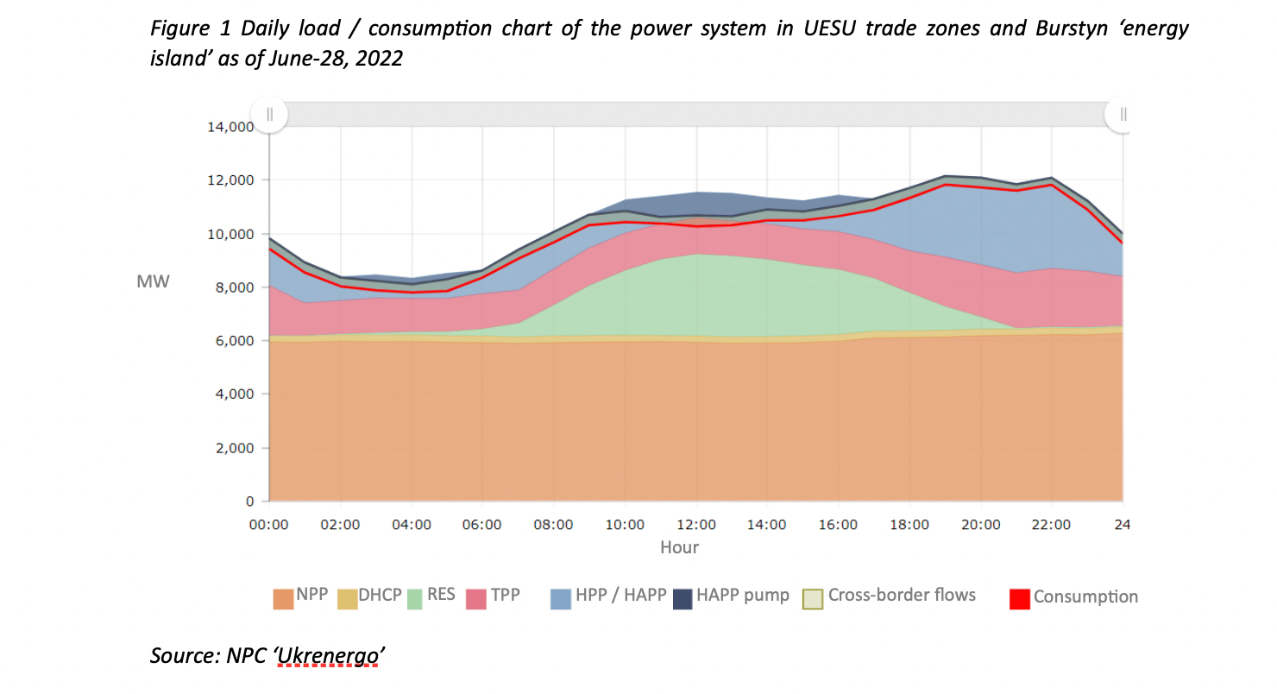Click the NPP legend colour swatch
tap(283, 598)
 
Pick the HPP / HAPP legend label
tap(621, 596)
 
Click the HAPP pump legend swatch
tap(683, 598)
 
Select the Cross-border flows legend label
tap(902, 596)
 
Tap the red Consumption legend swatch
tap(1019, 598)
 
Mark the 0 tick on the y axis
tap(249, 502)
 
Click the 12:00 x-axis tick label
tap(695, 525)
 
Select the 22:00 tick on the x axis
tap(1051, 525)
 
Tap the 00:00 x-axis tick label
tap(269, 525)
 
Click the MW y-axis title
tap(153, 282)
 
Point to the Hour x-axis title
tap(679, 547)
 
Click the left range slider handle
tap(269, 114)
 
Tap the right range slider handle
tap(1123, 114)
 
